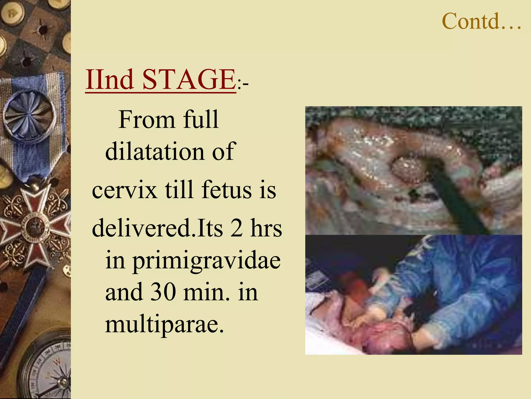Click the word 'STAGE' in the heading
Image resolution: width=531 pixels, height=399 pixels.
click(189, 79)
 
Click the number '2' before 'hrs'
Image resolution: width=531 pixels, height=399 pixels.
click(236, 228)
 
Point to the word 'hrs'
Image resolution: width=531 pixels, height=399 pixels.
click(266, 228)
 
